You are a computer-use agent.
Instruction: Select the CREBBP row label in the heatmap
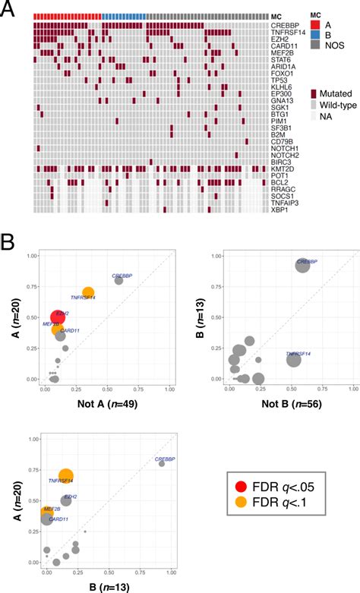point(285,25)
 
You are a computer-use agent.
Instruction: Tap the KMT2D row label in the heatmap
point(283,169)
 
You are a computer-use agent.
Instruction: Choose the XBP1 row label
point(280,210)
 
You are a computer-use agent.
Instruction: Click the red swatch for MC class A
point(316,24)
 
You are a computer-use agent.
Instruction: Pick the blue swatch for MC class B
point(316,34)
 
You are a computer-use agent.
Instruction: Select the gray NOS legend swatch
point(316,45)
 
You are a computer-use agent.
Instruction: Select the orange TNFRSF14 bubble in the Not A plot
point(88,293)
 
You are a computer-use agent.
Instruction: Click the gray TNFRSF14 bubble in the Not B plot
point(293,361)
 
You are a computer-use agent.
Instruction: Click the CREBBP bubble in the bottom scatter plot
point(161,464)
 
